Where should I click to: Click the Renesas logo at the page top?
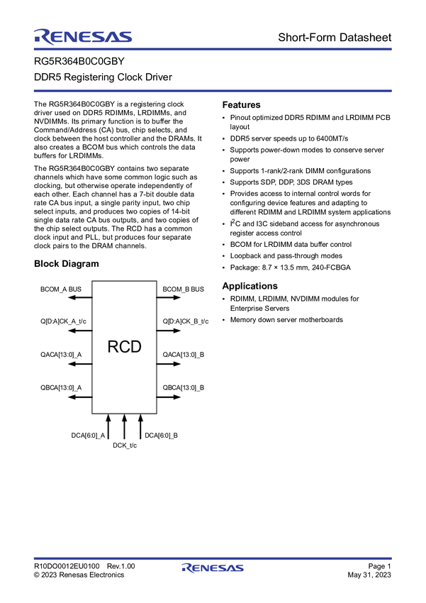click(82, 36)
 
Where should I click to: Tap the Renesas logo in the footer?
click(213, 568)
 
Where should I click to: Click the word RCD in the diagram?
click(124, 347)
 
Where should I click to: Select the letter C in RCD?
click(124, 347)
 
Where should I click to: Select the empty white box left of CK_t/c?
click(71, 446)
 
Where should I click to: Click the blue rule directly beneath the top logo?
click(213, 49)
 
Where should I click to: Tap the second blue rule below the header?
click(213, 90)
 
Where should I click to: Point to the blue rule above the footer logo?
click(213, 557)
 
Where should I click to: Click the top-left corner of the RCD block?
click(93, 282)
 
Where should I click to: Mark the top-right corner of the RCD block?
click(156, 282)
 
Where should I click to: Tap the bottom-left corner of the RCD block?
click(93, 413)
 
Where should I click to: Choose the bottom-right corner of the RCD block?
click(156, 413)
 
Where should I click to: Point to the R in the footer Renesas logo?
click(186, 568)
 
